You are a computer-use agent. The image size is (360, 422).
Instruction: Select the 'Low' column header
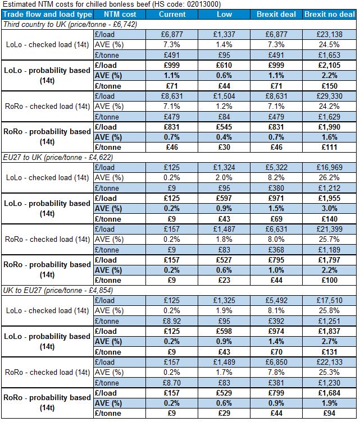pos(225,14)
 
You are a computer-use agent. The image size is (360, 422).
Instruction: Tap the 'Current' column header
pos(172,14)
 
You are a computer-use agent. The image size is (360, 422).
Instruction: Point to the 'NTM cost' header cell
pos(120,14)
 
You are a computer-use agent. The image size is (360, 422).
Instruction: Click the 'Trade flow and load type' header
pos(48,14)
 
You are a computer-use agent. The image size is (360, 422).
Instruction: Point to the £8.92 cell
pos(172,321)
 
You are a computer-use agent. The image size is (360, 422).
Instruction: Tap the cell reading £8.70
pos(172,382)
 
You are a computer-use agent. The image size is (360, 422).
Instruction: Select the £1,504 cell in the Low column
pos(225,96)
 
